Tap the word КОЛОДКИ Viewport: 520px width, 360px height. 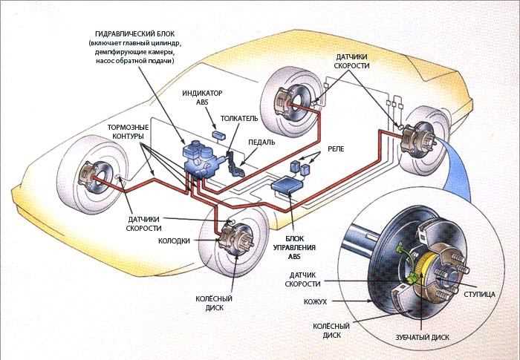pos(175,241)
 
